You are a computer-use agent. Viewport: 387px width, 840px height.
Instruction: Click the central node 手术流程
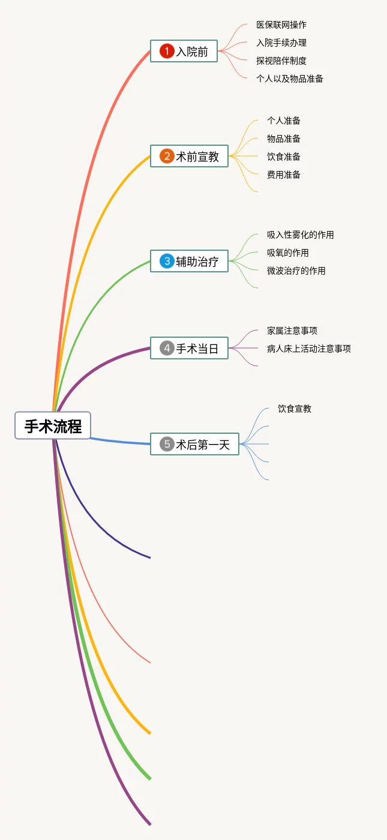53,425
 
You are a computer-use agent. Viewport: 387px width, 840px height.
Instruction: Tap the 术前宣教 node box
189,157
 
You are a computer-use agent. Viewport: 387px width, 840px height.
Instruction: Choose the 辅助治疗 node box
189,262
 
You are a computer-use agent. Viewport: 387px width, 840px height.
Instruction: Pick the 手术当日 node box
189,348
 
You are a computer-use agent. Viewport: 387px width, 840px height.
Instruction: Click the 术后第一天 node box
194,444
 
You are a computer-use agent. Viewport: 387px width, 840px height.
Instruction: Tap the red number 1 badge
167,52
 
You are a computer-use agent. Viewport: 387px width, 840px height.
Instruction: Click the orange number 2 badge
167,157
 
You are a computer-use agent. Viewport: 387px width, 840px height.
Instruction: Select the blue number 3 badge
167,262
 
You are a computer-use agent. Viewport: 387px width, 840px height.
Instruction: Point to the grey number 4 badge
167,348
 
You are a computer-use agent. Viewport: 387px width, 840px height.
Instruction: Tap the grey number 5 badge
167,444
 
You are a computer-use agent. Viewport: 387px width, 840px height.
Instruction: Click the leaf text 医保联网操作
281,25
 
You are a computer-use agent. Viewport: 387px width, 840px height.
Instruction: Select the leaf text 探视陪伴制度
281,61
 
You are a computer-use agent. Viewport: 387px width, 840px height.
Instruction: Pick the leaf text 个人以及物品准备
289,79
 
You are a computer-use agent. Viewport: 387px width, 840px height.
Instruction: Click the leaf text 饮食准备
284,157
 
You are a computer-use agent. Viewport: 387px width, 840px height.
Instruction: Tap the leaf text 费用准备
284,175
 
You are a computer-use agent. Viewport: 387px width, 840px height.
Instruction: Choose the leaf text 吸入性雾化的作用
300,235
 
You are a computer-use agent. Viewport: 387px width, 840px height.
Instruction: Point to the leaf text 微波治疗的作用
296,271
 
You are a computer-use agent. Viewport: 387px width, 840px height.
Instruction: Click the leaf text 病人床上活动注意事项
308,349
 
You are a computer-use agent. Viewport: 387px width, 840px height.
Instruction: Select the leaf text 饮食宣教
295,409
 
